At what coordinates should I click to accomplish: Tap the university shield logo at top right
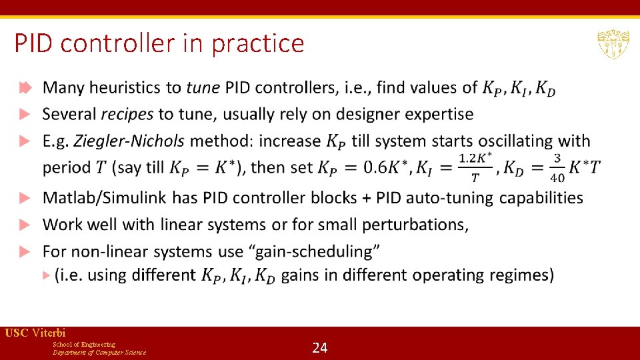(x=612, y=45)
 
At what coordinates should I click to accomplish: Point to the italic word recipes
(x=127, y=114)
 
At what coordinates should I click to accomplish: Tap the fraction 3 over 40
(x=557, y=168)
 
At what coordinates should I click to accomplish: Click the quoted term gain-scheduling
(x=320, y=251)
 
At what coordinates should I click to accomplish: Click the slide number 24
(x=320, y=347)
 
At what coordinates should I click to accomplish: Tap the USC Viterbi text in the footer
(x=35, y=333)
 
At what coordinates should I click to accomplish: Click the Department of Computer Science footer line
(x=99, y=352)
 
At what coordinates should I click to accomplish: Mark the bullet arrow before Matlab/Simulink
(x=25, y=198)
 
